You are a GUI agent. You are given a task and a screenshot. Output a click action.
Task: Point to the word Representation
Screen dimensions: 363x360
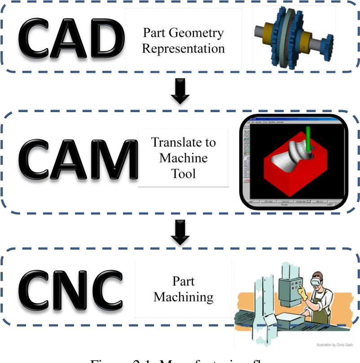[x=183, y=49]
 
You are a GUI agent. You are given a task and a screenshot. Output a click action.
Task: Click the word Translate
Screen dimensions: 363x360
[x=183, y=143]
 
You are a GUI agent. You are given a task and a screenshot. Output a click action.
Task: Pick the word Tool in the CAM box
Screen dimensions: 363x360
[x=183, y=173]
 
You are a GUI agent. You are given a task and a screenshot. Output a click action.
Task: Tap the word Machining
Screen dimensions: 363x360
[x=183, y=297]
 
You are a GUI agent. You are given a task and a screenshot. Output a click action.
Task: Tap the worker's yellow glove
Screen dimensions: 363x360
[x=309, y=296]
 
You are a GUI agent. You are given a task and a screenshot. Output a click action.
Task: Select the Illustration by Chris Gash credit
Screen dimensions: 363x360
[x=336, y=345]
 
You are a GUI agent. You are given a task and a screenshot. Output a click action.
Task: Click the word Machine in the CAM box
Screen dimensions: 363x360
[x=183, y=158]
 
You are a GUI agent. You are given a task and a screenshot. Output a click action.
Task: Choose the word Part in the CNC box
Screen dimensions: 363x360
[x=183, y=282]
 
